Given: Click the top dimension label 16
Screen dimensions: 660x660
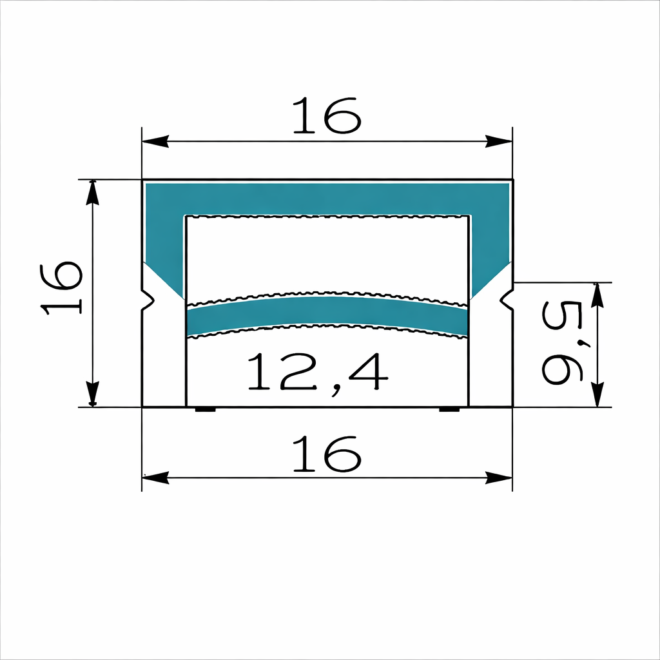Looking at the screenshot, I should click(325, 116).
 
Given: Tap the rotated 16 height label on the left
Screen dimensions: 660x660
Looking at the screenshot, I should click(62, 287).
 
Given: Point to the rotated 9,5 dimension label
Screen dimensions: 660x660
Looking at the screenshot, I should click(563, 344).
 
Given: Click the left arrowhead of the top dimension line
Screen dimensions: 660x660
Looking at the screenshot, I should click(155, 141).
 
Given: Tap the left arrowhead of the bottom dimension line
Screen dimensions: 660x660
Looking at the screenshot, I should click(155, 478).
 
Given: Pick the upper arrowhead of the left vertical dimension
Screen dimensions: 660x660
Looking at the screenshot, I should click(93, 193).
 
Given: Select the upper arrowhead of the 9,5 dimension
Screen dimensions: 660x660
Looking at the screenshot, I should click(598, 295).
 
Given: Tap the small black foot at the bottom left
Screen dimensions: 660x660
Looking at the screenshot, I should click(206, 409).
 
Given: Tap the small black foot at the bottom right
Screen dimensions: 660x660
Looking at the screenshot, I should click(449, 409).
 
